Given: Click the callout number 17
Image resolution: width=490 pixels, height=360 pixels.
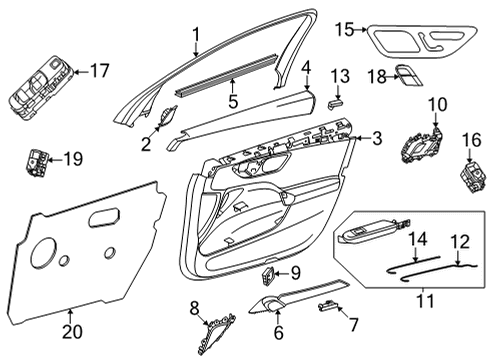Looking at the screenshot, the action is (x=99, y=71).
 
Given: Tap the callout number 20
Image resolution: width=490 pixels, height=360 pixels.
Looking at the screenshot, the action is (x=73, y=332).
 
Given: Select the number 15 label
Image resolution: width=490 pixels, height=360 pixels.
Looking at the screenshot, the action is (x=345, y=29).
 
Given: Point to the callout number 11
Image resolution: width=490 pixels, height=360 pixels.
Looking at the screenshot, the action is (x=426, y=300).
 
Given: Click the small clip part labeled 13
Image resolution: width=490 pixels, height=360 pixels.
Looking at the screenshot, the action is (x=335, y=104).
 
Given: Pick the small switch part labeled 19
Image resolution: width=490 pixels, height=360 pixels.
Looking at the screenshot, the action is (x=37, y=161).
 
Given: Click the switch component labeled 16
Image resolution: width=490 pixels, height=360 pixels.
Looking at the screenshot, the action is (x=472, y=176).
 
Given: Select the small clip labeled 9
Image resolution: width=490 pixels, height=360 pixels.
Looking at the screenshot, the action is (x=268, y=276).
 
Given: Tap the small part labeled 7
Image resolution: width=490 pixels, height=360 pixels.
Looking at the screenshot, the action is (x=328, y=306).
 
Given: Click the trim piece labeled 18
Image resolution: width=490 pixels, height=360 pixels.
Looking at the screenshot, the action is (x=409, y=76).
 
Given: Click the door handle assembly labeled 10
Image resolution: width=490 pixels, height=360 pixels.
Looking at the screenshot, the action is (x=422, y=146).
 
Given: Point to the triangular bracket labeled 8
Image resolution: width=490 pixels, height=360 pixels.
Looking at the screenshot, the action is (x=217, y=333).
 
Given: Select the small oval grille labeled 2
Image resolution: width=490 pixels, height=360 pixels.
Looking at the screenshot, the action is (x=166, y=116).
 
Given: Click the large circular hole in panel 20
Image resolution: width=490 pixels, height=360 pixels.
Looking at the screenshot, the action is (x=43, y=252).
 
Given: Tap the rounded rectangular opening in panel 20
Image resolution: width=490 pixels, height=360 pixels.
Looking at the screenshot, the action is (x=104, y=218).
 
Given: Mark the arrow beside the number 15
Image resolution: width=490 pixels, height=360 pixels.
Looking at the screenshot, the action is (x=360, y=30).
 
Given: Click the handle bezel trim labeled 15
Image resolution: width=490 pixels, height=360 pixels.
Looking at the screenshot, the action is (x=422, y=41).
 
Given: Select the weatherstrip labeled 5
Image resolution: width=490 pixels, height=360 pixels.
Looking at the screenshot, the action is (x=226, y=75).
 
